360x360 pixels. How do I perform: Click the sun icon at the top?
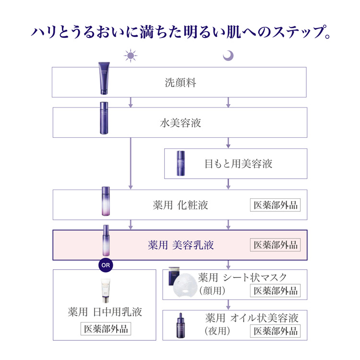[131, 56]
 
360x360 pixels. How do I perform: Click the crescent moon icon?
[228, 56]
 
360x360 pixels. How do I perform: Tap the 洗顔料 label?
[180, 83]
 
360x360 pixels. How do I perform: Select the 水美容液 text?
[180, 123]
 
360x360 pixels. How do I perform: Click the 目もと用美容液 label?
[239, 164]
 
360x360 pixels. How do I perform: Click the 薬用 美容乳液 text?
[180, 245]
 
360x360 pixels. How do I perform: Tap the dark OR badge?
[105, 264]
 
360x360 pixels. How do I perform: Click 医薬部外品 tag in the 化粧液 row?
[276, 205]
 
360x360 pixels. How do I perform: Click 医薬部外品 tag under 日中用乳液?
[105, 330]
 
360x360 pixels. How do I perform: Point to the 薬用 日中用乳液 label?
[105, 312]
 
